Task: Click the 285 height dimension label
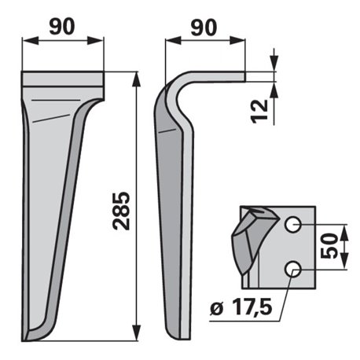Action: (x=121, y=211)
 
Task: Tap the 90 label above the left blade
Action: (x=62, y=27)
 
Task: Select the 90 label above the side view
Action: (x=204, y=28)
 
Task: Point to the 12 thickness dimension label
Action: (x=259, y=111)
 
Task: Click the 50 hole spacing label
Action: (x=329, y=246)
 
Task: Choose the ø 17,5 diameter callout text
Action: (x=241, y=308)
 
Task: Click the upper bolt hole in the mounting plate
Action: (x=292, y=225)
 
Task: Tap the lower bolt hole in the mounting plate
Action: (x=292, y=269)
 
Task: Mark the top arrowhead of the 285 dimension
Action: (x=137, y=79)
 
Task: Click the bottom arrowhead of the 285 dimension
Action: (x=137, y=332)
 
